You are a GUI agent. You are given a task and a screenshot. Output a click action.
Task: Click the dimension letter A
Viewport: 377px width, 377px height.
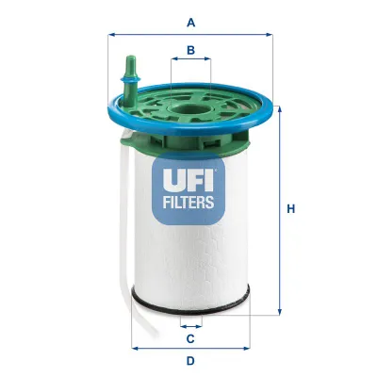(191, 21)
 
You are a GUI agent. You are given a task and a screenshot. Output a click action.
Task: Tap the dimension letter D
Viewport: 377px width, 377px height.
(191, 361)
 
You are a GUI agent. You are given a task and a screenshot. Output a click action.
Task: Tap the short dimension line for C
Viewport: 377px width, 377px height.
(191, 324)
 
